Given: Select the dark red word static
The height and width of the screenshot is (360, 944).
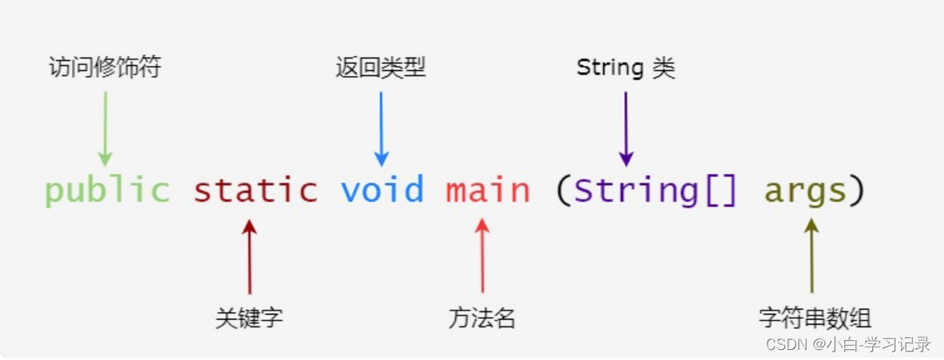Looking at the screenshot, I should click(255, 191).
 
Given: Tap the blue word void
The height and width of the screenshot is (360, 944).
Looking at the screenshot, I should click(382, 191).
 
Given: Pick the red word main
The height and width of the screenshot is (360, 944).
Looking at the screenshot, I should click(488, 191).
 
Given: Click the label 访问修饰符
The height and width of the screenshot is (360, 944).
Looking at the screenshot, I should click(105, 68).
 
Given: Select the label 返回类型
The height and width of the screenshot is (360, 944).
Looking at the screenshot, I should click(381, 68).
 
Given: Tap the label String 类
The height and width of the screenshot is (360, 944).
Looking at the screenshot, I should click(625, 68).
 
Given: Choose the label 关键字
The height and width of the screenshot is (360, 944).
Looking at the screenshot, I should click(249, 318).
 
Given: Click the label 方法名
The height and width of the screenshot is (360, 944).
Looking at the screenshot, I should click(482, 318).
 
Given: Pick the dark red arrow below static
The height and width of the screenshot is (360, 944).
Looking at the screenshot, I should click(249, 255).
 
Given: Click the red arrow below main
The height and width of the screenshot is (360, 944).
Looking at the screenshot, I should click(483, 255).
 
